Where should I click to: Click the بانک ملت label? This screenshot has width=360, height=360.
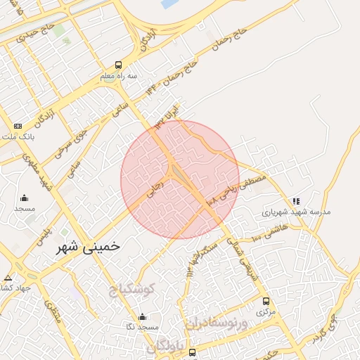tap(18, 136)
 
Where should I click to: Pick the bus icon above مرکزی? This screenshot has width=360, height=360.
tap(266, 301)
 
